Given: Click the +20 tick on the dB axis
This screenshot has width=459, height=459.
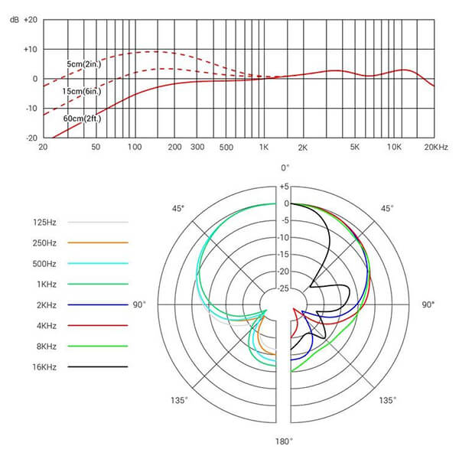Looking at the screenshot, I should pos(29,20).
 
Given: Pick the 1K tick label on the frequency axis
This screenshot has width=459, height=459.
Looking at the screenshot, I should pos(264,147).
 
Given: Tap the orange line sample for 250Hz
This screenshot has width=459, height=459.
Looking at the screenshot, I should pos(97,243).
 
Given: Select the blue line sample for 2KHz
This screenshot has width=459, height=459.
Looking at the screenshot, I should pos(97,304).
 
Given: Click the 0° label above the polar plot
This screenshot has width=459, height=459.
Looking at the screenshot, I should pos(285,168).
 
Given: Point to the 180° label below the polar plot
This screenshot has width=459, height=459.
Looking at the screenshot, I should pos(285,441).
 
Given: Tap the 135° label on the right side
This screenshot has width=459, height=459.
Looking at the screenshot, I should pos(388,400).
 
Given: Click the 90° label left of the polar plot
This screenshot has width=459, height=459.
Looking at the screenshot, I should pos(138,304).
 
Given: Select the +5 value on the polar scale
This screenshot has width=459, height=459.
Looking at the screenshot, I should pos(284,187).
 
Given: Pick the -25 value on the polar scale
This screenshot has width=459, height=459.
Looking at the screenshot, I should pos(283,288).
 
